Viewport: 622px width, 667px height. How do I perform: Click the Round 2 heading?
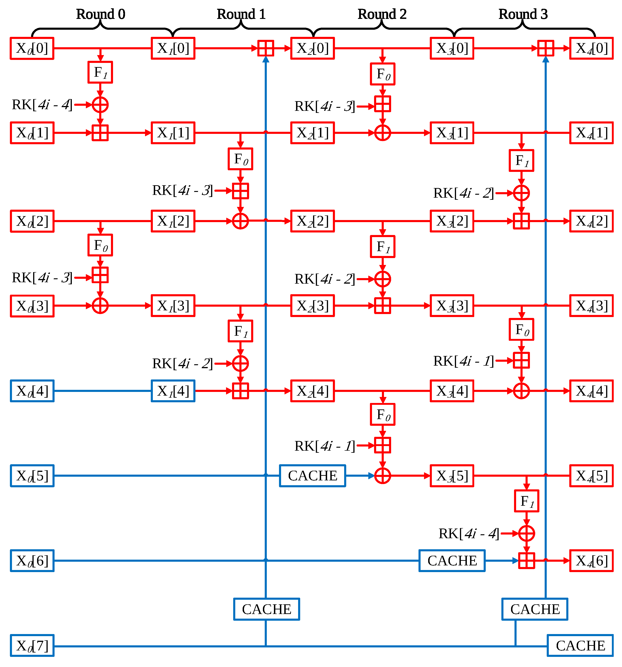click(382, 14)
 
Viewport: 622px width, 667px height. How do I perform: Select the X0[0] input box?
click(32, 48)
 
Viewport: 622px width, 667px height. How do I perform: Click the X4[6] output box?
click(591, 561)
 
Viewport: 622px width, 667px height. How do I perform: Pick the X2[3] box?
click(313, 306)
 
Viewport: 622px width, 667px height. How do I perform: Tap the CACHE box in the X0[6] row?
click(452, 561)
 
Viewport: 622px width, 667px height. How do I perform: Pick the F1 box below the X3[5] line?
click(526, 501)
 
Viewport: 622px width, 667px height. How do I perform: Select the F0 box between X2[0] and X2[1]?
click(383, 74)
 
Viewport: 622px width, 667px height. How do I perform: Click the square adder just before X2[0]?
click(266, 48)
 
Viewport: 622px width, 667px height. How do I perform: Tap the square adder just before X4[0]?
click(546, 48)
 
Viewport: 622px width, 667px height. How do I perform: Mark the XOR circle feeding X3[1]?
click(383, 133)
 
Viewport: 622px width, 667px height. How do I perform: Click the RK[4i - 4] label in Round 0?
click(42, 105)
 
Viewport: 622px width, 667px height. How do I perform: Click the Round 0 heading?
click(101, 14)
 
